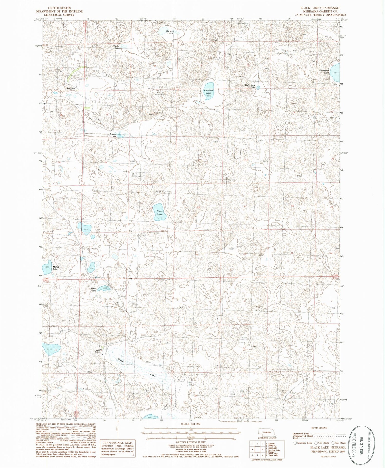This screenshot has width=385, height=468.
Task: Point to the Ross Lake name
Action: tap(160, 212)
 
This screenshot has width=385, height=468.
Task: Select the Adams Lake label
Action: tap(113, 135)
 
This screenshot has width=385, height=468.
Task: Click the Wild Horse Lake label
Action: tap(250, 86)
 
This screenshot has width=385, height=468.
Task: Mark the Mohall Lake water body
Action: tap(47, 267)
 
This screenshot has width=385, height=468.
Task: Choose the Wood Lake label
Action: tap(93, 289)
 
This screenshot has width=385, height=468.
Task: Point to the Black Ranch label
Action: tap(98, 351)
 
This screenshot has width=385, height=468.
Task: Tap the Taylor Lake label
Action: tap(117, 47)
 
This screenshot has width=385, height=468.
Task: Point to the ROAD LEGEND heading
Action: tap(320, 428)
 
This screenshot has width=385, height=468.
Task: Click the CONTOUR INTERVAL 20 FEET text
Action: tap(189, 442)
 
